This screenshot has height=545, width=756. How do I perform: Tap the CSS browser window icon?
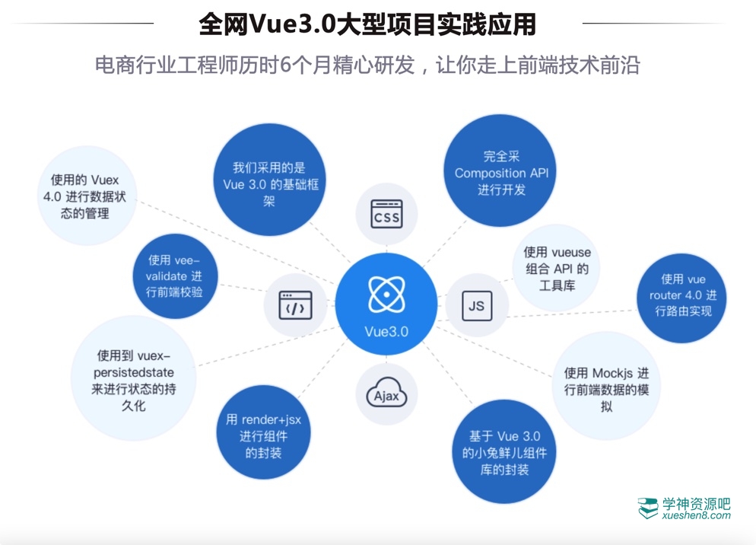point(386,214)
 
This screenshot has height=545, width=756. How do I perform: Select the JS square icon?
point(477,305)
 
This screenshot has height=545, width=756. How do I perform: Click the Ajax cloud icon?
point(386,394)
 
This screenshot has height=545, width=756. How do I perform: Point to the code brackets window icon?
point(295,305)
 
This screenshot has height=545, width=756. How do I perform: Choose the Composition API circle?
point(501,173)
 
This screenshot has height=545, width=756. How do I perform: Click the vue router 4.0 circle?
point(682,295)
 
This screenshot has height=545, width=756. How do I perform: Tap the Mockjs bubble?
point(606,389)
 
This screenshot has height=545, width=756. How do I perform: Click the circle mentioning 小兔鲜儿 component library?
point(504,452)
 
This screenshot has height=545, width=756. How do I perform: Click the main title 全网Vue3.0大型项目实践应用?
point(367,24)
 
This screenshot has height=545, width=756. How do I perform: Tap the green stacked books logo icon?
point(648,508)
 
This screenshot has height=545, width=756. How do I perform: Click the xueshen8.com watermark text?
point(696,515)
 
